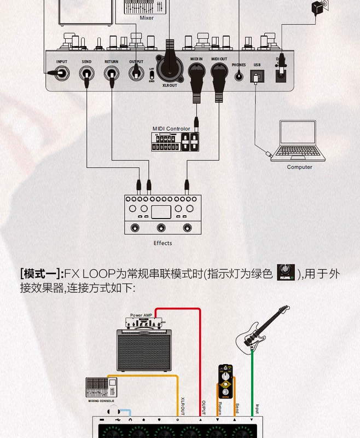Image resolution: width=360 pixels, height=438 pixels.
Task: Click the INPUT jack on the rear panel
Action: pyautogui.click(x=61, y=73)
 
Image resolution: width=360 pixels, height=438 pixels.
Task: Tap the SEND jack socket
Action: pyautogui.click(x=86, y=73)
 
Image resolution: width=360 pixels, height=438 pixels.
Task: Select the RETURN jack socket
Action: pyautogui.click(x=112, y=73)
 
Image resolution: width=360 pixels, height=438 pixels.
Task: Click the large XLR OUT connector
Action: pyautogui.click(x=170, y=68)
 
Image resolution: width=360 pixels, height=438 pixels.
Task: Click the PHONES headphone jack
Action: pyautogui.click(x=239, y=76)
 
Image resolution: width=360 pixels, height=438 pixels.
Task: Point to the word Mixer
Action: pyautogui.click(x=147, y=18)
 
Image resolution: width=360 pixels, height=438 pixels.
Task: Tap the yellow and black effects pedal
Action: pyautogui.click(x=225, y=381)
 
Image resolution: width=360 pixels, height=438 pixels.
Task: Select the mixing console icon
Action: pyautogui.click(x=101, y=388)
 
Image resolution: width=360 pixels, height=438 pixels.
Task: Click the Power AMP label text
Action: pyautogui.click(x=141, y=315)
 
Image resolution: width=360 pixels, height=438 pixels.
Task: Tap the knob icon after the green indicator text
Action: pyautogui.click(x=286, y=272)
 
